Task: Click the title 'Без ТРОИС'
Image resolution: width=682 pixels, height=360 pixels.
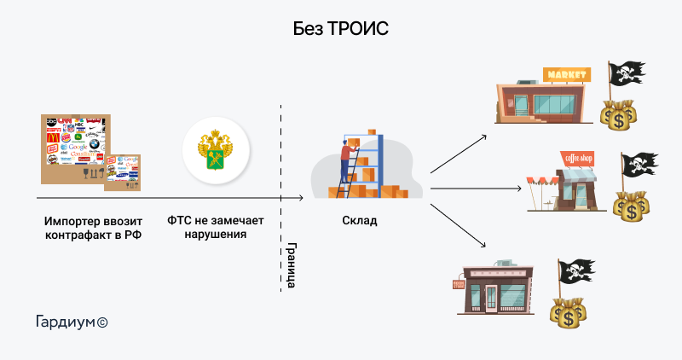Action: click(341, 29)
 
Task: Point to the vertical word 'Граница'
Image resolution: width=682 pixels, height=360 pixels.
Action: click(291, 264)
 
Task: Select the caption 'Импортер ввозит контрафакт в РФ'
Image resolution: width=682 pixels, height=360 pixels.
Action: click(93, 227)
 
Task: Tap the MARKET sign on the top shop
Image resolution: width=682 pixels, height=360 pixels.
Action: click(565, 75)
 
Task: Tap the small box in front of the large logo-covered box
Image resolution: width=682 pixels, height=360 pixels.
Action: click(121, 172)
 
